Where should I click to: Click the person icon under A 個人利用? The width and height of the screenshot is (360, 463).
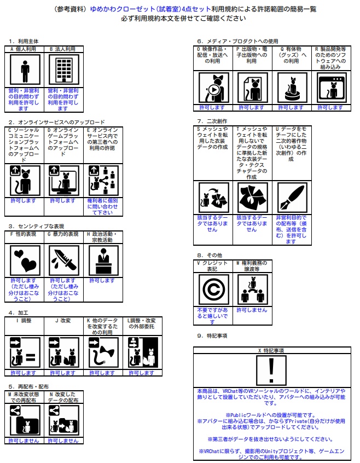click(25, 70)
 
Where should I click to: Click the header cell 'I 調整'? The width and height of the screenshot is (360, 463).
click(25, 320)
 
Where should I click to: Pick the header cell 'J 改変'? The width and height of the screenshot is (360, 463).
click(63, 320)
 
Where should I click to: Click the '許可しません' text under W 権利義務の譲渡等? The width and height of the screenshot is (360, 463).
click(252, 310)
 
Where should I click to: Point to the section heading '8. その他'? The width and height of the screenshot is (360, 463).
click(208, 255)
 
